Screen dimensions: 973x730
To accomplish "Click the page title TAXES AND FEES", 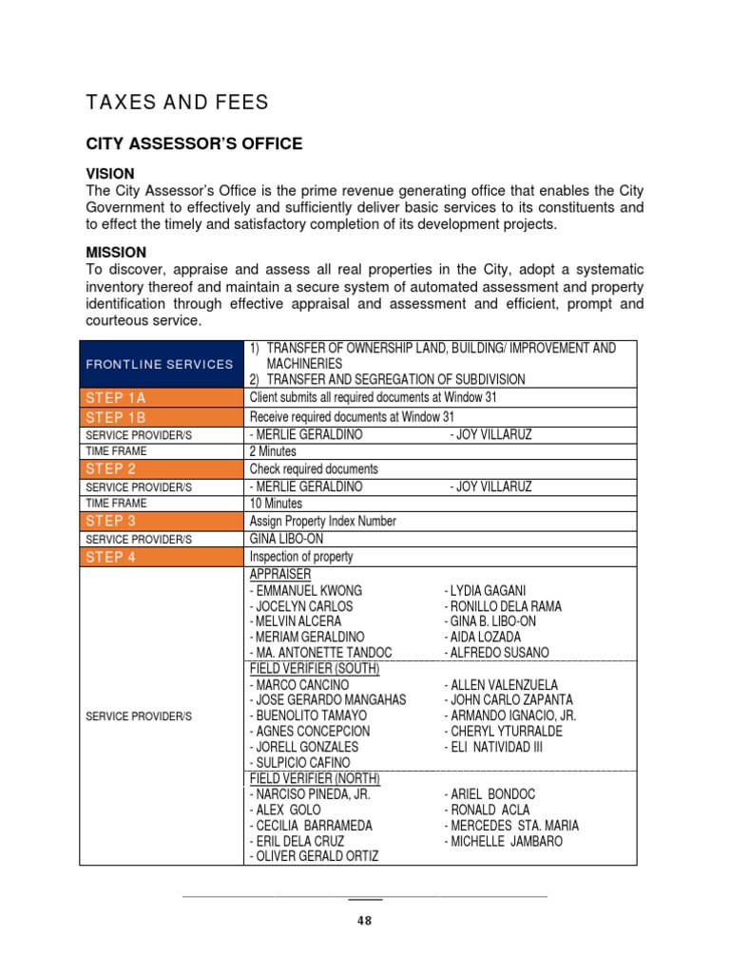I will pos(178,103).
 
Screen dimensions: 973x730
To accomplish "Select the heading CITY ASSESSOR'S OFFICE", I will pos(194,144).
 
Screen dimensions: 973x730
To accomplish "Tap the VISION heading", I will pos(110,174).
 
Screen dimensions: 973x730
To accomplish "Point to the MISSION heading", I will pos(116,253).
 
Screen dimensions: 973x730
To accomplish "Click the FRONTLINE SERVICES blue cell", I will pos(160,364).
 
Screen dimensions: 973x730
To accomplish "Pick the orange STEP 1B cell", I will pos(160,417).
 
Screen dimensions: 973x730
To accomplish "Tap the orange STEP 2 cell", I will pos(160,468).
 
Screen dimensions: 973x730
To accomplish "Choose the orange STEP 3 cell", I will pos(160,521).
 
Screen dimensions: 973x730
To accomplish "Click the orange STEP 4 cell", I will pos(160,557).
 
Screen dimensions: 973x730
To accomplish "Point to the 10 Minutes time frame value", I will pos(277,504).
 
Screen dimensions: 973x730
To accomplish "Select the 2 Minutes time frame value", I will pos(274,451).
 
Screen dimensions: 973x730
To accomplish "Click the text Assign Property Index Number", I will pos(323,521).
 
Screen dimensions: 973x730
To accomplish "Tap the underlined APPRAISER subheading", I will pos(280,575).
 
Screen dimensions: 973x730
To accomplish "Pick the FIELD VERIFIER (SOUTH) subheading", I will pos(315,669).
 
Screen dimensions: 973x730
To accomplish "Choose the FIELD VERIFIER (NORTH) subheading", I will pos(315,778).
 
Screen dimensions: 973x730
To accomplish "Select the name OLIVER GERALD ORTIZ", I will pos(314,856).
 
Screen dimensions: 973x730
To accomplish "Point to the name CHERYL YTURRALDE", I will pos(504,732).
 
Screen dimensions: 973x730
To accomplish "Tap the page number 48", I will pos(365,921).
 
